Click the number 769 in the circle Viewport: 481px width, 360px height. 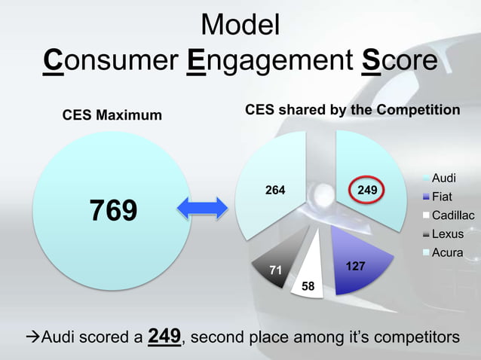[x=114, y=211]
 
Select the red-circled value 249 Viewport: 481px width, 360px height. [x=367, y=191]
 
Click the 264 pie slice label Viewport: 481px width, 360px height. [x=274, y=191]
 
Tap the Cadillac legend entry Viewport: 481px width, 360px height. [x=452, y=216]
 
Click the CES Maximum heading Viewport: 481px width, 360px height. [x=112, y=115]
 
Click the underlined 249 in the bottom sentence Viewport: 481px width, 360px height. [x=164, y=336]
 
